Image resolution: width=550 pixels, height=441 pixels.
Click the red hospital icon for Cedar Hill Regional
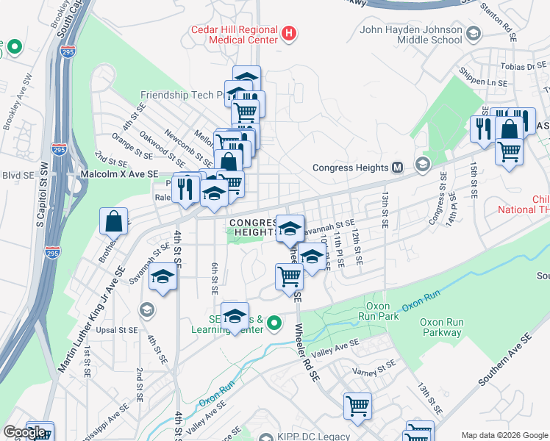tap(289, 34)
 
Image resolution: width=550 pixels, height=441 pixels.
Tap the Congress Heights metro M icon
tap(397, 167)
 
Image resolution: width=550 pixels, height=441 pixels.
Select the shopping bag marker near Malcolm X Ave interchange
tap(114, 220)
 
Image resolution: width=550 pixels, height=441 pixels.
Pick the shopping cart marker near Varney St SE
tap(357, 406)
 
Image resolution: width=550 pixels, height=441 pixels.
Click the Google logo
tap(24, 432)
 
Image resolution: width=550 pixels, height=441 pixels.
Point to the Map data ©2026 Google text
tap(504, 435)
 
